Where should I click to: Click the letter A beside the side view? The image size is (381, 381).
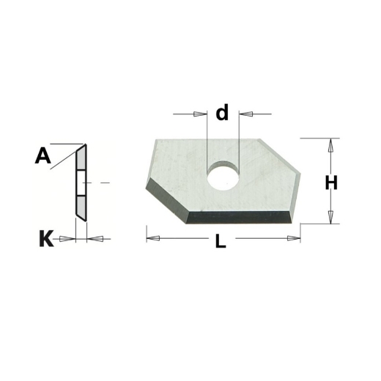43,155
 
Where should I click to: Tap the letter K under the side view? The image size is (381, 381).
45,238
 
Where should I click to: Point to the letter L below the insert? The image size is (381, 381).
221,242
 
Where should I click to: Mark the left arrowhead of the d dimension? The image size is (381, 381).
200,114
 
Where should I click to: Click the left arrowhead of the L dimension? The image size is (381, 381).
153,237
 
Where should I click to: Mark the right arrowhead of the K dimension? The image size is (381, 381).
94,238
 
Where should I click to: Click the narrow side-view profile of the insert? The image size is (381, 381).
81,183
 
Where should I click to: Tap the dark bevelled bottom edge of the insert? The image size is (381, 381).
242,217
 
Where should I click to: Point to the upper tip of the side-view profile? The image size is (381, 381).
85,144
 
